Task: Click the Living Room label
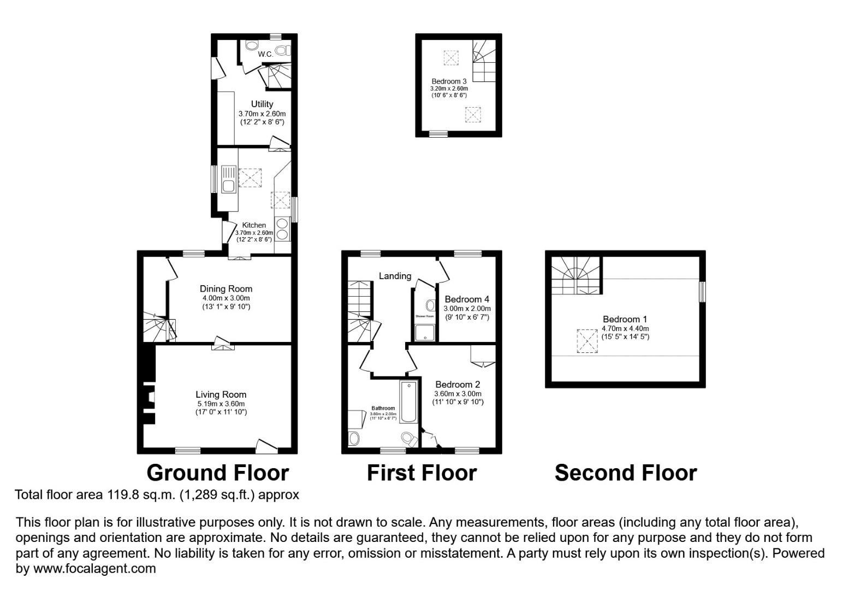[x=221, y=394]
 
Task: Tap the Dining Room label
[x=226, y=289]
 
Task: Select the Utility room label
[x=262, y=104]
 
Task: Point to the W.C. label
[x=265, y=54]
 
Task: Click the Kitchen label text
[x=254, y=225]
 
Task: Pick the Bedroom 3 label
[x=449, y=81]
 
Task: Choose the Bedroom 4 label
[x=467, y=299]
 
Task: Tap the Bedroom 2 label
[x=458, y=385]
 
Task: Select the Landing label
[x=395, y=276]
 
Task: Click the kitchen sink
[x=228, y=180]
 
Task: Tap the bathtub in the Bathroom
[x=408, y=402]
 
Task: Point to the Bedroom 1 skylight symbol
[x=587, y=341]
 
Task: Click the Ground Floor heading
[x=217, y=473]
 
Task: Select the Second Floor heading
[x=626, y=473]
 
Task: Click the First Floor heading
[x=422, y=473]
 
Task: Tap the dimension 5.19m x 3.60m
[x=221, y=404]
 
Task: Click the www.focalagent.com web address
[x=94, y=569]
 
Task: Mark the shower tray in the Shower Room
[x=425, y=333]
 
